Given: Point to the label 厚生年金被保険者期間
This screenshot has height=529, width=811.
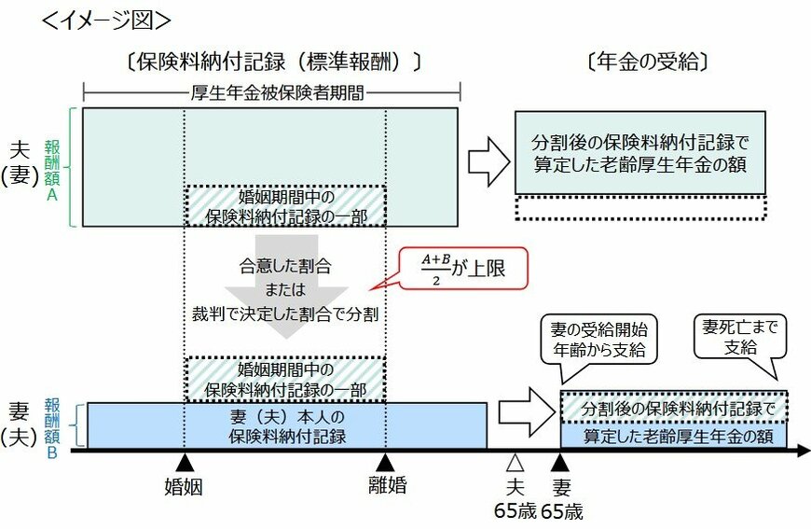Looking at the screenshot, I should [272, 92].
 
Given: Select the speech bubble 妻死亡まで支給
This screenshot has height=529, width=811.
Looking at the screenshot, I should [742, 337].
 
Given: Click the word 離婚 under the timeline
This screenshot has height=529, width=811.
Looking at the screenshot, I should [385, 486].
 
